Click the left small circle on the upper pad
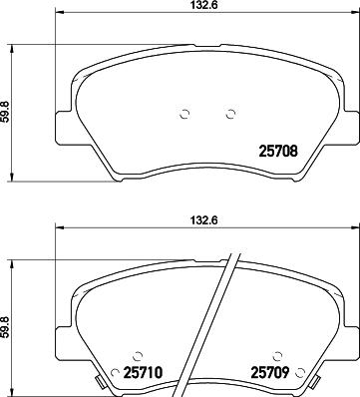coord(182,112)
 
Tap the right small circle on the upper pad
coord(230,112)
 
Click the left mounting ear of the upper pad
coord(62,128)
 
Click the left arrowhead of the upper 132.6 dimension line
coord(57,23)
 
